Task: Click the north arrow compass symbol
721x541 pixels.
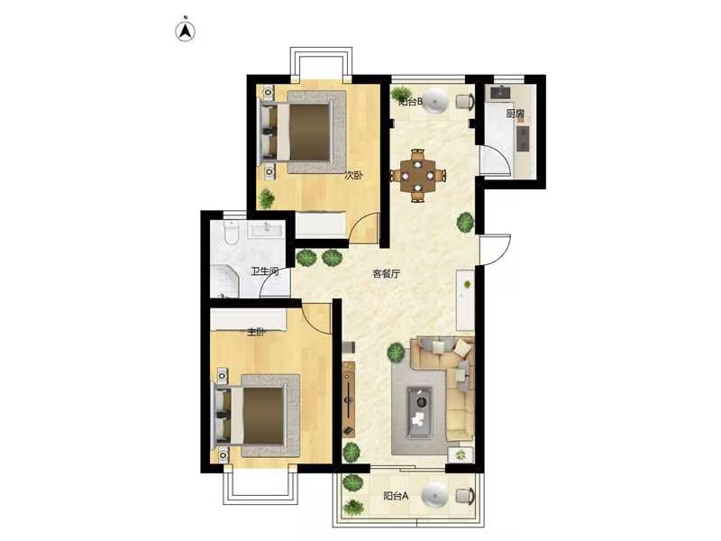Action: [186, 32]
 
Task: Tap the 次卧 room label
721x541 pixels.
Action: [353, 175]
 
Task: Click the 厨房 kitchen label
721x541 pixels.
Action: [515, 114]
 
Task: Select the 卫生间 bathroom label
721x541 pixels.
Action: [265, 271]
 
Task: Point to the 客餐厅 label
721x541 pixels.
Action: [387, 274]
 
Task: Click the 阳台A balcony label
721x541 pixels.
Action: [396, 496]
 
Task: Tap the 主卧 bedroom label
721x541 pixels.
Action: [256, 332]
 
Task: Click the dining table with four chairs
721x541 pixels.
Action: [418, 175]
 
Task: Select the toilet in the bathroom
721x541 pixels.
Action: [231, 233]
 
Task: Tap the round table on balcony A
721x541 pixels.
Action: [434, 494]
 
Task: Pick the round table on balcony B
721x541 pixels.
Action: [434, 100]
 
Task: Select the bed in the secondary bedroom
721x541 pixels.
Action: [303, 132]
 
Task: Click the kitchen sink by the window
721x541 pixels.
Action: [501, 93]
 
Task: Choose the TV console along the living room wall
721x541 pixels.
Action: [350, 399]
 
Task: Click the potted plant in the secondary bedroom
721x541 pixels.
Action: [267, 198]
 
